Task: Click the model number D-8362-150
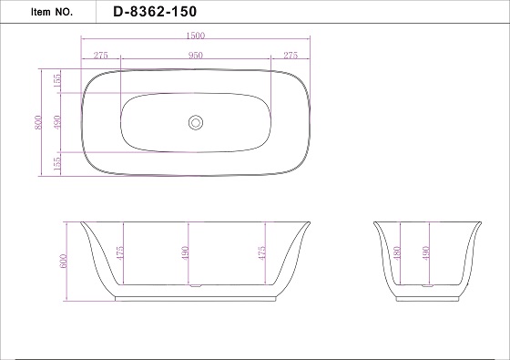pos(155,12)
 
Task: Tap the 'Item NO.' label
pos(52,12)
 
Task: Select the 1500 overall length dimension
pos(196,36)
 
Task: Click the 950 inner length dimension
pos(196,56)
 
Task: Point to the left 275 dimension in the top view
pos(100,56)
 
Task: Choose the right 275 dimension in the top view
pos(291,56)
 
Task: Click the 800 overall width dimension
pos(38,122)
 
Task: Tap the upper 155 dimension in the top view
pos(56,81)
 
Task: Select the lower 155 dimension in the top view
pos(56,164)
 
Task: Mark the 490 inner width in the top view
pos(57,122)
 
